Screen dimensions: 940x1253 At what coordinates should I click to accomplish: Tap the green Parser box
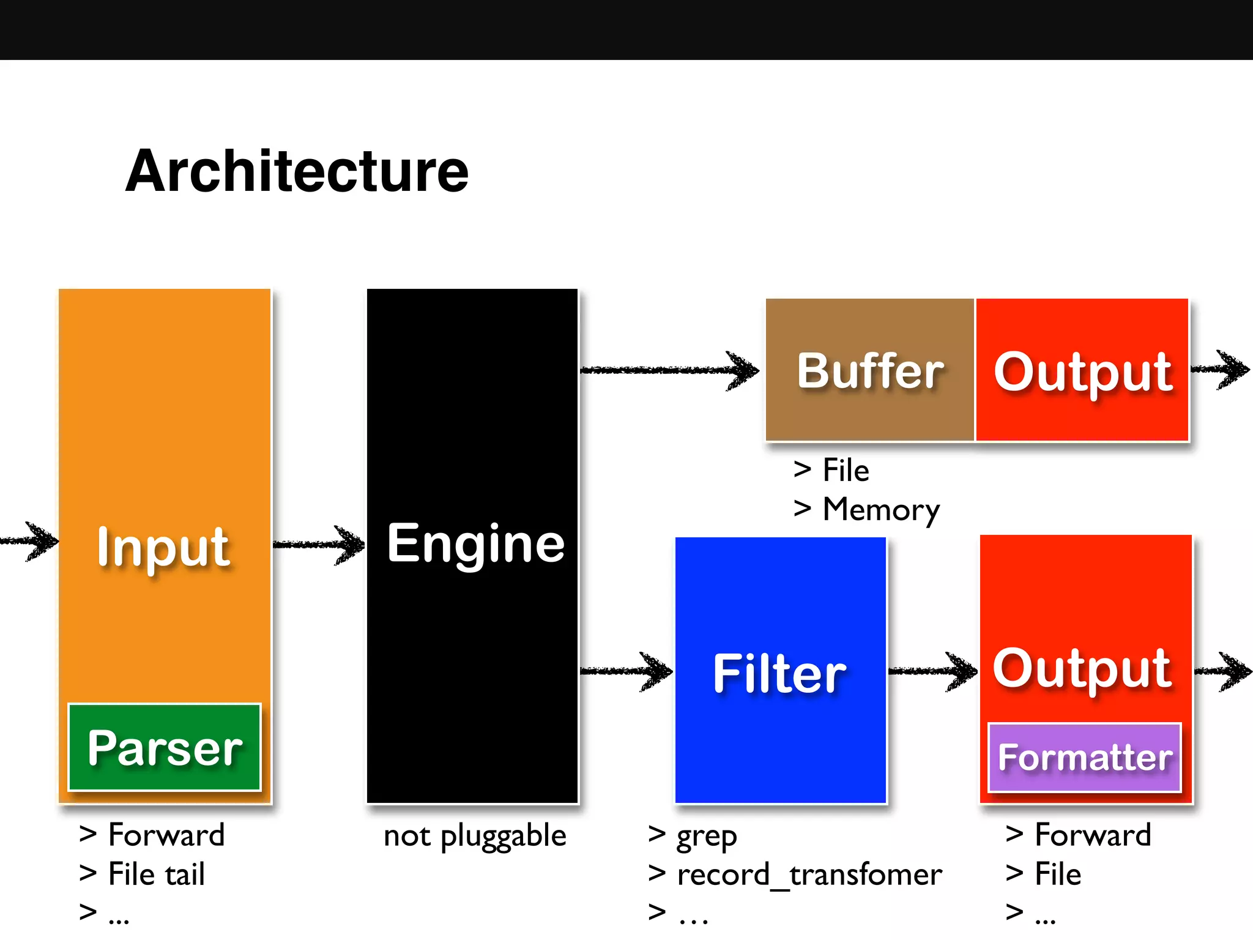(x=165, y=747)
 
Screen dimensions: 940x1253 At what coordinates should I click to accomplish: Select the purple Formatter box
(x=1085, y=758)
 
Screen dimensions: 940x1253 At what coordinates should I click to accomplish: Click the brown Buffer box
(x=869, y=370)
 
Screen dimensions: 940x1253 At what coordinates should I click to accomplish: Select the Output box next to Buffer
(x=1082, y=370)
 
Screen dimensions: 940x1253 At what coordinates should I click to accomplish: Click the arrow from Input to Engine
(x=319, y=544)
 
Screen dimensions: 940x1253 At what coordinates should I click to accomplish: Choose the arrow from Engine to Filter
(x=626, y=671)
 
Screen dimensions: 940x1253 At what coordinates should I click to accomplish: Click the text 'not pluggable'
(x=475, y=836)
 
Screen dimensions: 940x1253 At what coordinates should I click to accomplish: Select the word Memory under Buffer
(x=881, y=509)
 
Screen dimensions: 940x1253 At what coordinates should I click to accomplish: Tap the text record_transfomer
(x=809, y=874)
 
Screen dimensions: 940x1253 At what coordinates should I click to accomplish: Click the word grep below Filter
(x=706, y=836)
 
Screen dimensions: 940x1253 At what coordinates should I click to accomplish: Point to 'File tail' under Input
(x=156, y=874)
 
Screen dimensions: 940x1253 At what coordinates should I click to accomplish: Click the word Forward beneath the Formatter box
(x=1093, y=835)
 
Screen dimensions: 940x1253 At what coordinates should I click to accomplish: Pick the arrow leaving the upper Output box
(x=1221, y=369)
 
